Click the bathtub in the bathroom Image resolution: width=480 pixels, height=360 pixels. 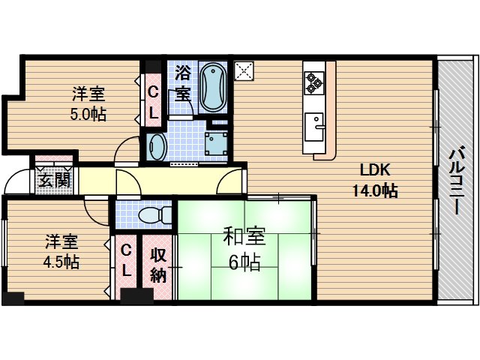215,85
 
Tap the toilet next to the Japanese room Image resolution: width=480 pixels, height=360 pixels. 153,214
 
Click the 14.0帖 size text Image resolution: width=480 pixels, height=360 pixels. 374,191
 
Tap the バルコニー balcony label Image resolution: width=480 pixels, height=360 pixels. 456,179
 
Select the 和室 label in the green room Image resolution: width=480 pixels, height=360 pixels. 244,237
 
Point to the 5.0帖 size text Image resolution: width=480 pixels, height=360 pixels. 88,114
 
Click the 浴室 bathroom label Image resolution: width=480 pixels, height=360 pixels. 182,83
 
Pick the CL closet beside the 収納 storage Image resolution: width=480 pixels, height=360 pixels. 126,259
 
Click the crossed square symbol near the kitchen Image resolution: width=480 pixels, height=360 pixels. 244,70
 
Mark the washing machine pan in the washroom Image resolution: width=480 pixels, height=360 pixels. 217,142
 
